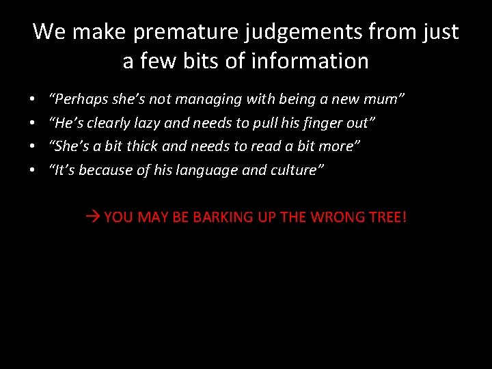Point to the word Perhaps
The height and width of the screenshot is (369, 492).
pos(77,99)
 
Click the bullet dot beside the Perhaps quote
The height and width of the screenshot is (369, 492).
pos(33,100)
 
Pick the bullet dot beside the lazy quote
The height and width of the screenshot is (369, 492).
pos(33,124)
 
